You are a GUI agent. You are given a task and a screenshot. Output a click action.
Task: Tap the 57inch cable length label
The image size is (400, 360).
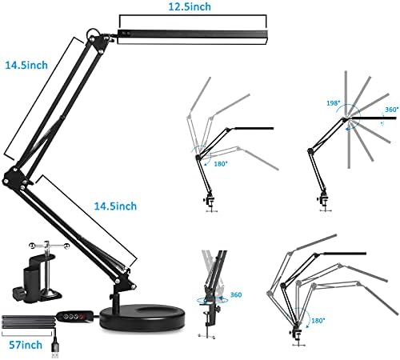22,346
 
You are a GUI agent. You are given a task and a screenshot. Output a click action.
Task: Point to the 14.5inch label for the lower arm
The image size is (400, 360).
141,206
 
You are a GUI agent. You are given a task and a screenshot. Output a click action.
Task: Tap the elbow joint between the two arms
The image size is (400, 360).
14,176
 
